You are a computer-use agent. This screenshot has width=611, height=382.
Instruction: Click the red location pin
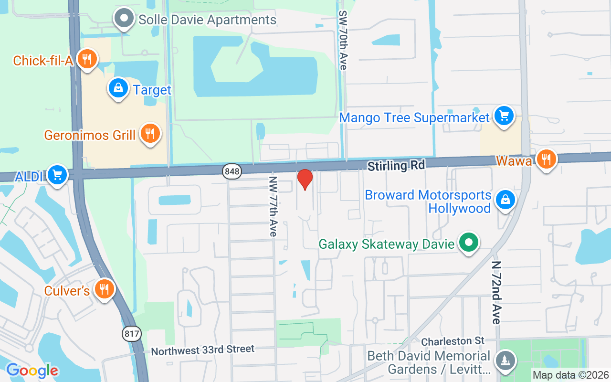click(305, 180)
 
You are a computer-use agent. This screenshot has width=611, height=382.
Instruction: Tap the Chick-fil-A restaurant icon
click(86, 59)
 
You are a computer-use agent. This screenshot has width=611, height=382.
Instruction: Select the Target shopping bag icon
click(118, 88)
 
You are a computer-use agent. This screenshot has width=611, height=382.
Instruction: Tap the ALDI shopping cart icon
click(57, 175)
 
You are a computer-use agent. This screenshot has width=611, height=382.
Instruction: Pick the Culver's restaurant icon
click(103, 289)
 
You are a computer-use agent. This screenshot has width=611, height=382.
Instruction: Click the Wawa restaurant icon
click(546, 159)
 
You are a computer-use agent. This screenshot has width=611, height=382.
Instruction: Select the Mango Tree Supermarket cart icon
click(504, 116)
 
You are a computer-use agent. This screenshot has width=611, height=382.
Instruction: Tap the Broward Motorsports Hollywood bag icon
click(505, 200)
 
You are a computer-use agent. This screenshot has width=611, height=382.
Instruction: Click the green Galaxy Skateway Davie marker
click(469, 243)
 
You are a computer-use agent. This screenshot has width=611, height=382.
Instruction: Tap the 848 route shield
click(232, 171)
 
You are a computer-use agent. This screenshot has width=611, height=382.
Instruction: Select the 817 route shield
click(132, 333)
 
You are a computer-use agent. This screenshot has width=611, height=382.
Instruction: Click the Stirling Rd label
click(396, 166)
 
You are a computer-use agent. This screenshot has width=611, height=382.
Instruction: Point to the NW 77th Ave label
click(273, 206)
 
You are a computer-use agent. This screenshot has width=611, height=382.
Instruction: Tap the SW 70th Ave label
click(342, 41)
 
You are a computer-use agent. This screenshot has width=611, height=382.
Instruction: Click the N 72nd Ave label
click(496, 292)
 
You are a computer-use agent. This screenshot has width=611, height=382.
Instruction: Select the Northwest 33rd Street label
click(202, 350)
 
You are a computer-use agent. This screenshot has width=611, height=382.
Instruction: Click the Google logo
click(32, 370)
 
